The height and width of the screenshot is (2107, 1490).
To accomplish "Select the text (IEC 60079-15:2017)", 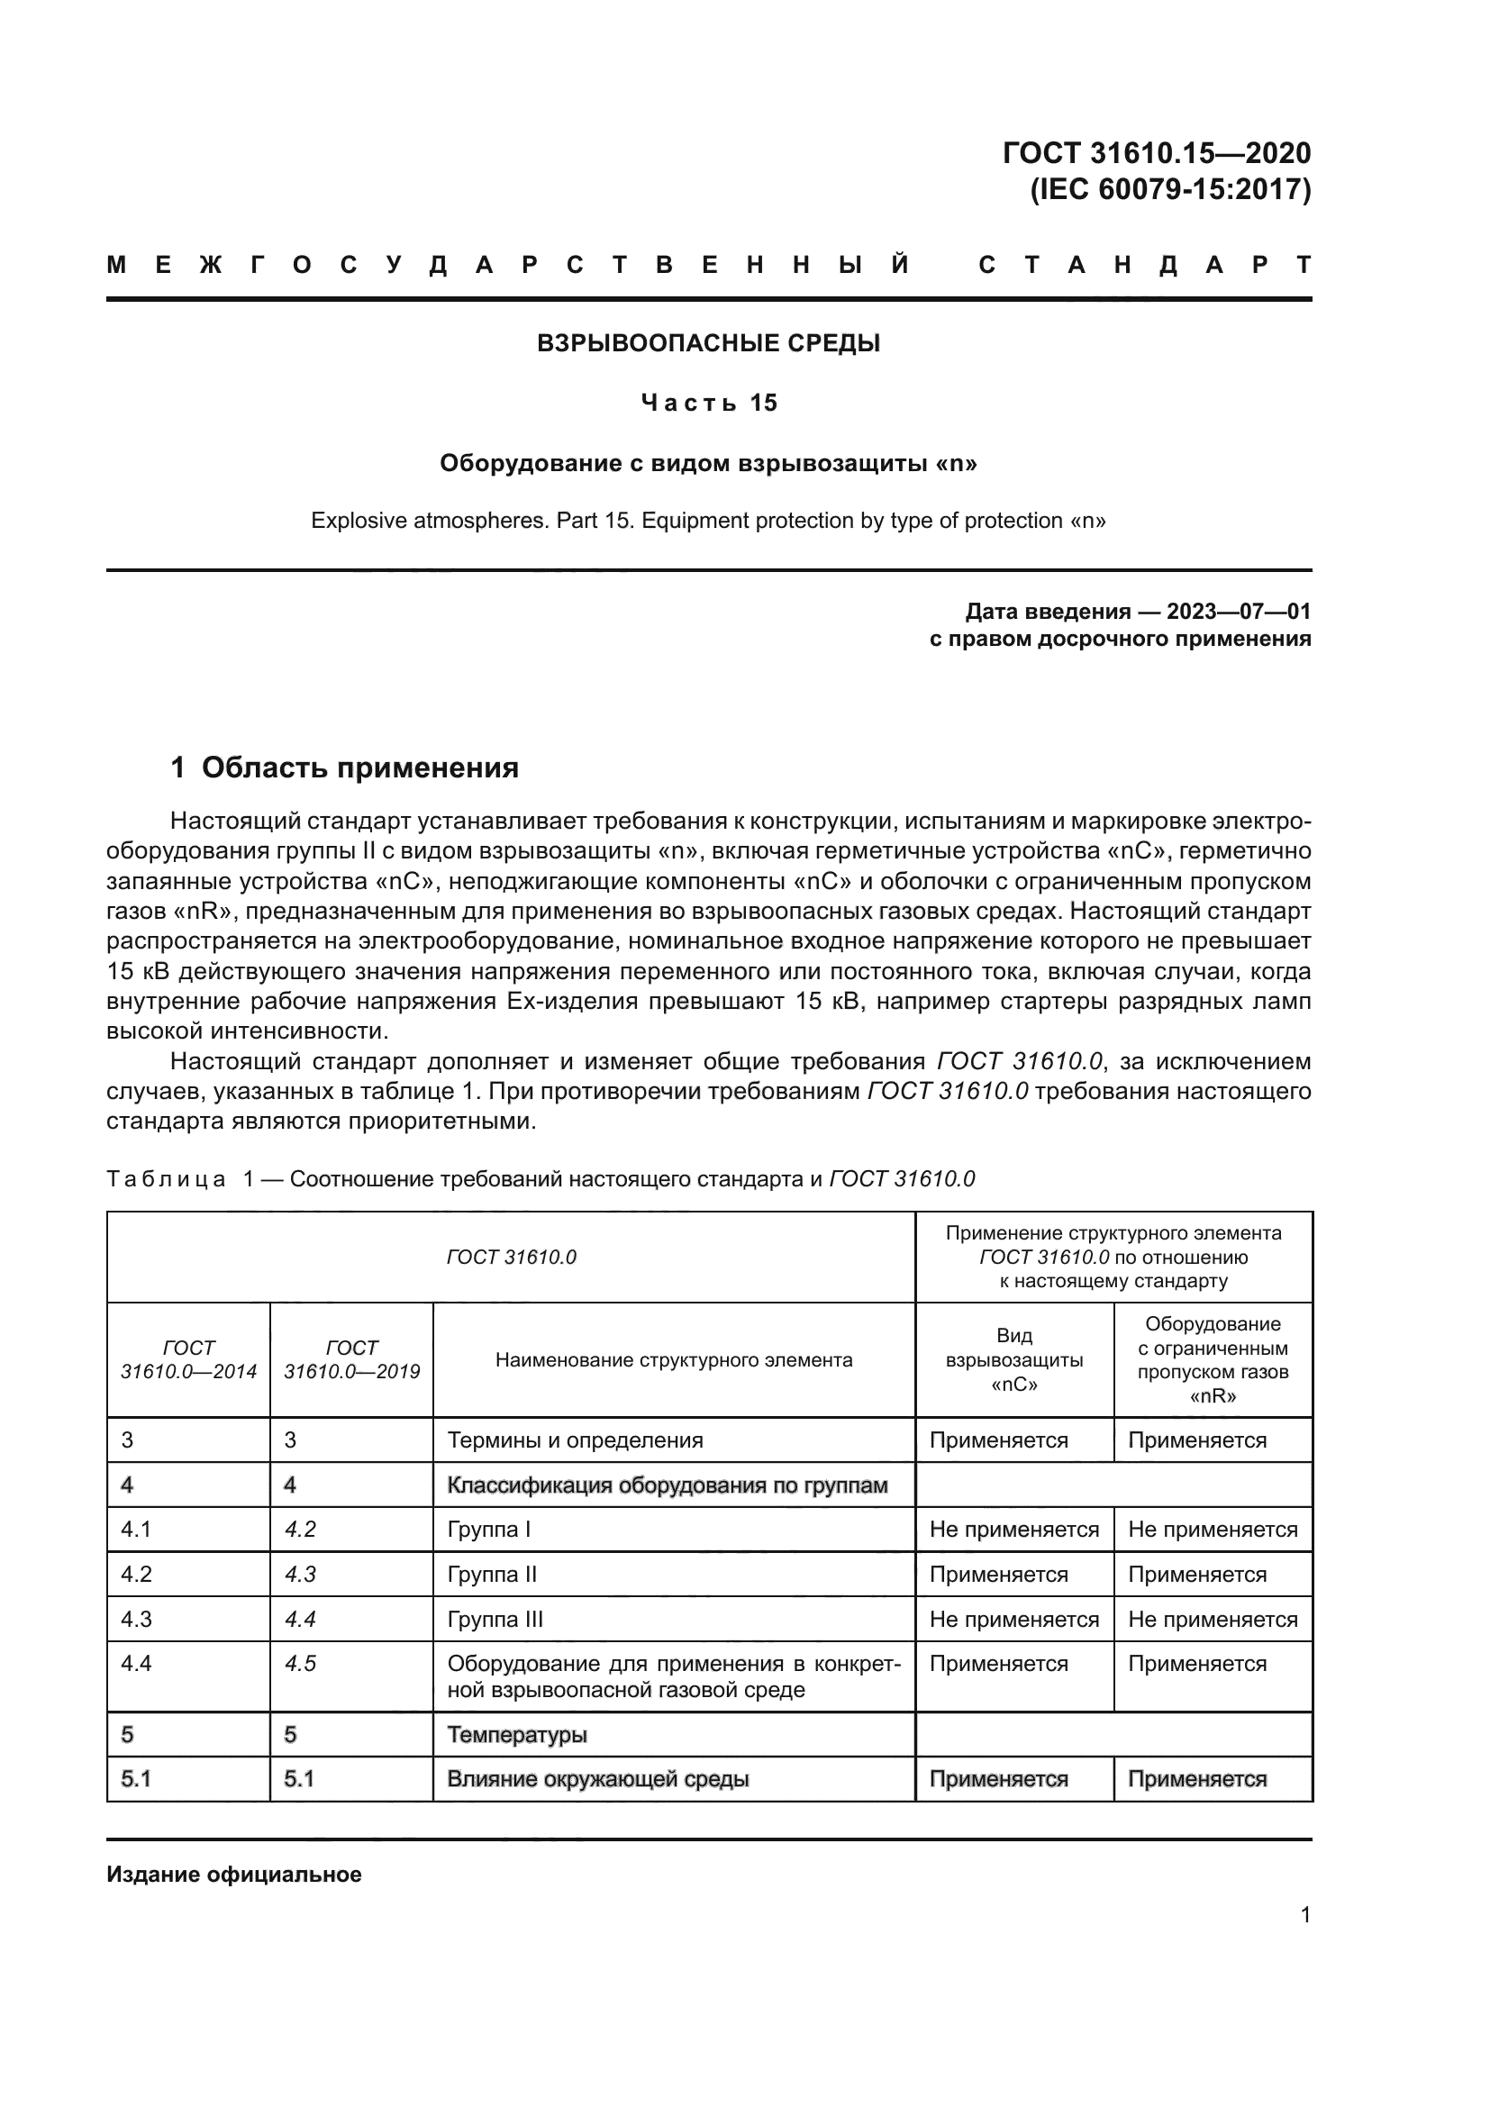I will pyautogui.click(x=1170, y=190).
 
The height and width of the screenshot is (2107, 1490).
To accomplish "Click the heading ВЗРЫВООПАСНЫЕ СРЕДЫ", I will pyautogui.click(x=708, y=343).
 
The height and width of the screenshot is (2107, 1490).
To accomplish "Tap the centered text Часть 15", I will pyautogui.click(x=708, y=403).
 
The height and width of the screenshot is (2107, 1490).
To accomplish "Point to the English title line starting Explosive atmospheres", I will pyautogui.click(x=708, y=522).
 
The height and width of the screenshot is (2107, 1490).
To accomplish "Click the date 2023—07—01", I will pyautogui.click(x=1239, y=611).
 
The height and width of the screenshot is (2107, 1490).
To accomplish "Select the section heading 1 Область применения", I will pyautogui.click(x=345, y=767).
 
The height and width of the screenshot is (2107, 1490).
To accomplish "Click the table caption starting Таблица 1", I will pyautogui.click(x=541, y=1179).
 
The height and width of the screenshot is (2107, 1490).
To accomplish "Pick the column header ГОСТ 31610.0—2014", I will pyautogui.click(x=188, y=1359).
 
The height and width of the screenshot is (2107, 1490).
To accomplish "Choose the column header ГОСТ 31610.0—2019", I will pyautogui.click(x=351, y=1359).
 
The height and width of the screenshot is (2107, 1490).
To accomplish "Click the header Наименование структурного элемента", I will pyautogui.click(x=674, y=1360).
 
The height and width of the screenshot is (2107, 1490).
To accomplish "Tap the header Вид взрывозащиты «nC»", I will pyautogui.click(x=1013, y=1360).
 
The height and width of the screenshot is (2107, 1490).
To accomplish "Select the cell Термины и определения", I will pyautogui.click(x=576, y=1439).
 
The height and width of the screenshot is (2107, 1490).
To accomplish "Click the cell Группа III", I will pyautogui.click(x=495, y=1620).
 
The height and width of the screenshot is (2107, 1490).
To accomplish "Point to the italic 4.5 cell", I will pyautogui.click(x=300, y=1664).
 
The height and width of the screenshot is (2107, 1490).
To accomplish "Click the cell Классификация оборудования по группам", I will pyautogui.click(x=667, y=1485).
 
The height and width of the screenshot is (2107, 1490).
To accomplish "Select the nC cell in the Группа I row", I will pyautogui.click(x=1013, y=1530).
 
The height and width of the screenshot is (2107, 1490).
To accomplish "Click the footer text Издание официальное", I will pyautogui.click(x=234, y=1874).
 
